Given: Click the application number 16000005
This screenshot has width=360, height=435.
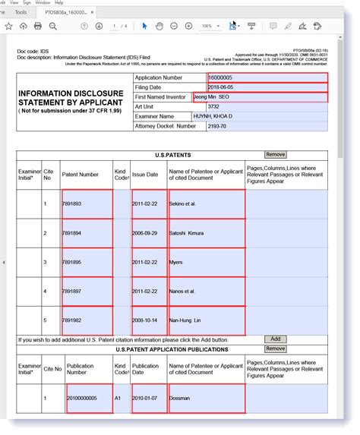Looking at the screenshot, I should click(221, 77).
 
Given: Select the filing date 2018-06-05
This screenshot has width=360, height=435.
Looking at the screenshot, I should click(223, 87).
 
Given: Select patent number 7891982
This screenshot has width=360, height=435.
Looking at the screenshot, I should click(74, 320).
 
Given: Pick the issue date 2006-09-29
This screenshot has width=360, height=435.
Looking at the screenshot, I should click(147, 233).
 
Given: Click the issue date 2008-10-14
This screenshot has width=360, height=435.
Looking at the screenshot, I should click(147, 320).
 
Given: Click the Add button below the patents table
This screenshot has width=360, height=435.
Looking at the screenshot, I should click(275, 339).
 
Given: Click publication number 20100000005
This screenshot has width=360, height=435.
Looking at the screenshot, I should click(82, 398).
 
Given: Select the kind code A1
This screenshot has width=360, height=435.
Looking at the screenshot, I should click(119, 398).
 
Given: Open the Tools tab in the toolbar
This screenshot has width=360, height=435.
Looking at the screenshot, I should click(21, 12).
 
